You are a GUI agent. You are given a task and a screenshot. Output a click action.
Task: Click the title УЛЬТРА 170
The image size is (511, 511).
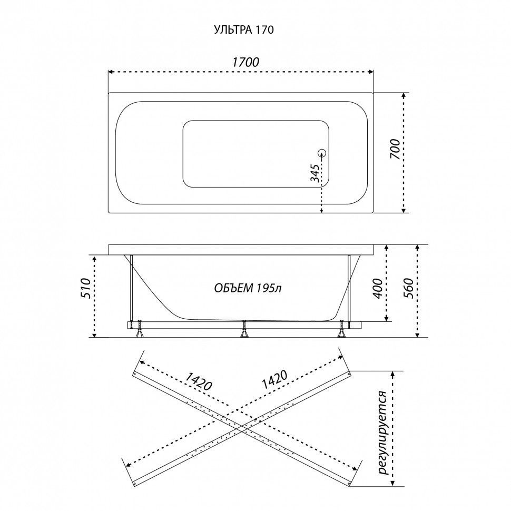pyautogui.click(x=244, y=30)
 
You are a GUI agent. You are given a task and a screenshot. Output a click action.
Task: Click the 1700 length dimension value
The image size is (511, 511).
pyautogui.click(x=245, y=62)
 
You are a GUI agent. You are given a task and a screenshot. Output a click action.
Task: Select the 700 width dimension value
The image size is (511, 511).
pyautogui.click(x=395, y=149)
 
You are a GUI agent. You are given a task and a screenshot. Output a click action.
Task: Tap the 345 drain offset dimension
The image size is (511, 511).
pyautogui.click(x=315, y=173)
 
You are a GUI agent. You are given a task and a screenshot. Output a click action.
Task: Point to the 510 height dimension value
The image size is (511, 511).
pyautogui.click(x=84, y=288)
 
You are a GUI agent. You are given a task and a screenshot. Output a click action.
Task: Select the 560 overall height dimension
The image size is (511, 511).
pyautogui.click(x=409, y=288)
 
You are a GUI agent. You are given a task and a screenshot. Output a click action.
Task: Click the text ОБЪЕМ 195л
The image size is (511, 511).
pyautogui.click(x=248, y=288)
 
